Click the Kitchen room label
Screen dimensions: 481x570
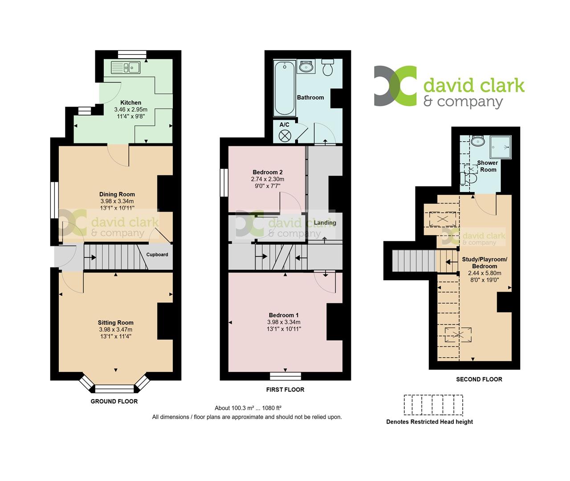click(130, 103)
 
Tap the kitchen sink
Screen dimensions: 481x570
click(126, 68)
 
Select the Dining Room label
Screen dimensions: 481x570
click(117, 194)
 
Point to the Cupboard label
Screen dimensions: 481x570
click(157, 255)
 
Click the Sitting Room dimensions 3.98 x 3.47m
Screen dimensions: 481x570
click(116, 330)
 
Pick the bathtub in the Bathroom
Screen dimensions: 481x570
click(284, 89)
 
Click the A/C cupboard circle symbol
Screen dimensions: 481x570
click(285, 135)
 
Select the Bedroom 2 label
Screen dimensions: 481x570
click(268, 172)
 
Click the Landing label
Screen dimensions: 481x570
click(325, 223)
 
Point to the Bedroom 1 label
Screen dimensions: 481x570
click(284, 315)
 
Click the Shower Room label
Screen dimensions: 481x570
click(488, 166)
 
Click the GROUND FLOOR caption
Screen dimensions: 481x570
click(114, 401)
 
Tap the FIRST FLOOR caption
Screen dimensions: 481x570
click(285, 390)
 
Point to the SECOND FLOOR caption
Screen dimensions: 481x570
click(479, 379)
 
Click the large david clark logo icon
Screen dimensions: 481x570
click(395, 86)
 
